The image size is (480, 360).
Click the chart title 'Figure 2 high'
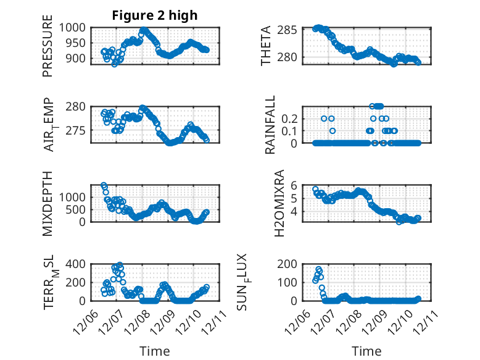click(155, 15)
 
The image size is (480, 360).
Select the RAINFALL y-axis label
click(270, 125)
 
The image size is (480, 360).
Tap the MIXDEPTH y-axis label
click(48, 204)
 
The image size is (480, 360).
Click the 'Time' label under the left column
click(155, 351)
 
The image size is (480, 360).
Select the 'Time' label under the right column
click(366, 351)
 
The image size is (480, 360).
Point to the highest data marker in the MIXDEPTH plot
click(104, 185)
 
